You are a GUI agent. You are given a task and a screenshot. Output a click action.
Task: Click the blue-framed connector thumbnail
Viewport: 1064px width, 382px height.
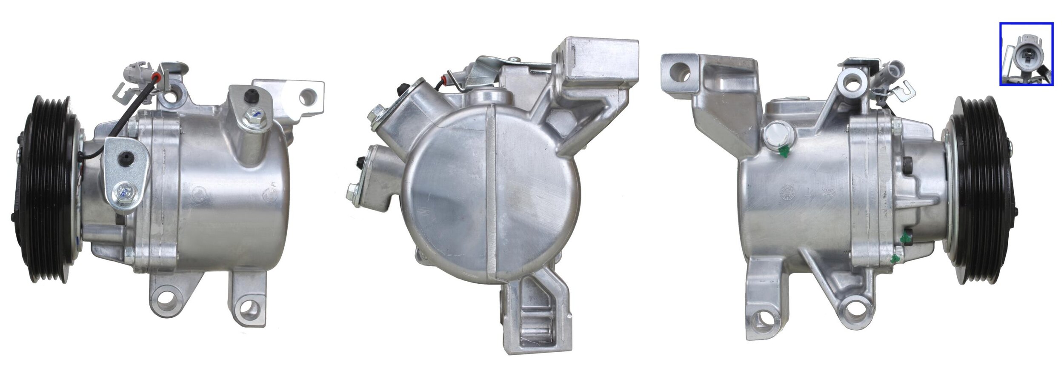(1026, 60)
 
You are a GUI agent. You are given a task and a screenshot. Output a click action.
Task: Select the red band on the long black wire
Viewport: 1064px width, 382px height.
(158, 78)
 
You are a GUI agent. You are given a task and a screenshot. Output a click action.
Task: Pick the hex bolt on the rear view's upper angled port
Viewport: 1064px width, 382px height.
(376, 112)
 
